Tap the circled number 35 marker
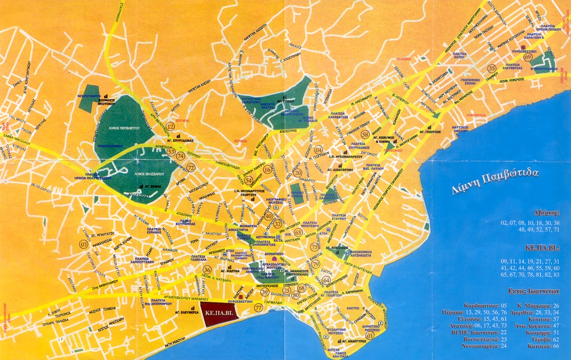491,68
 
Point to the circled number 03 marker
84,244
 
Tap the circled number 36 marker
207,270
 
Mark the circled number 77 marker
258,307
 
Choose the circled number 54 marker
249,181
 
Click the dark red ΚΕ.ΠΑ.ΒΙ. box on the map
217,312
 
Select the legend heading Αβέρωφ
546,212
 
